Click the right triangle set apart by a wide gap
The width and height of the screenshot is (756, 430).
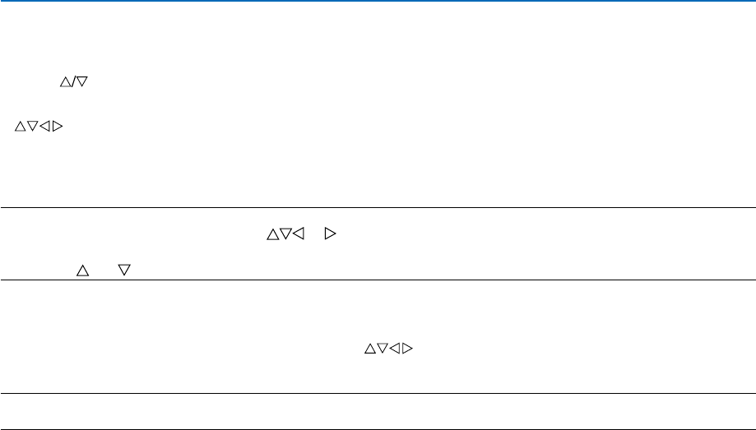331,235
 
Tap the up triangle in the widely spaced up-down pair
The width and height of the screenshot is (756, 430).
82,270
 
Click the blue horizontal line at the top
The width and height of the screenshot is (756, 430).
378,2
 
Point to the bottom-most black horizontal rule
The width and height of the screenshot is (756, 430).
378,428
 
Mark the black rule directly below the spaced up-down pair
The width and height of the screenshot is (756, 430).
378,280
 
